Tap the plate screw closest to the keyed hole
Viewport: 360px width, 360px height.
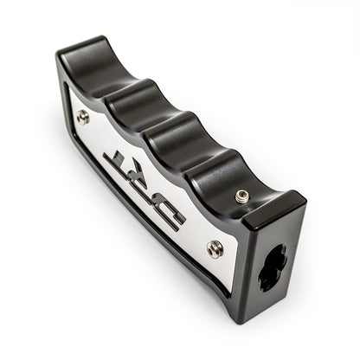point(215,248)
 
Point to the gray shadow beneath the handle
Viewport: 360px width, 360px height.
point(173,286)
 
